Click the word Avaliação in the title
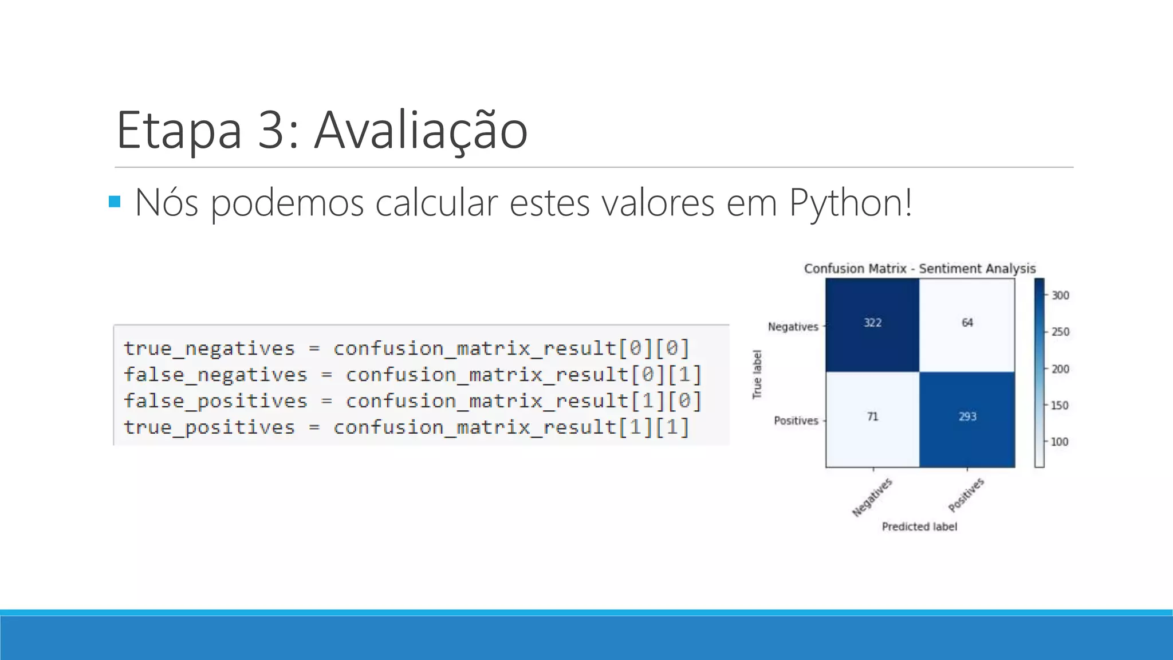[421, 131]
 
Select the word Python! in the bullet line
[851, 203]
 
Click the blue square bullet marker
[115, 202]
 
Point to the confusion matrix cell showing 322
[872, 324]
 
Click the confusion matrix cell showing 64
[967, 324]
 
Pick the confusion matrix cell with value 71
[872, 417]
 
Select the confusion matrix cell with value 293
[967, 417]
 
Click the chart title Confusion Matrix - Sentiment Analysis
[920, 269]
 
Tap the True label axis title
[757, 375]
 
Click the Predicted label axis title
[919, 527]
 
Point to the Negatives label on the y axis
[793, 327]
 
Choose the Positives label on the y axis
[796, 421]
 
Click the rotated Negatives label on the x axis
[872, 497]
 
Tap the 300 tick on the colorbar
[1060, 296]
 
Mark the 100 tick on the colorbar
[1060, 442]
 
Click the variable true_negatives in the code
[209, 348]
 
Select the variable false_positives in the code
[215, 401]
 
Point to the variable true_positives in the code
[209, 427]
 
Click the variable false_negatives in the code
[215, 375]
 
